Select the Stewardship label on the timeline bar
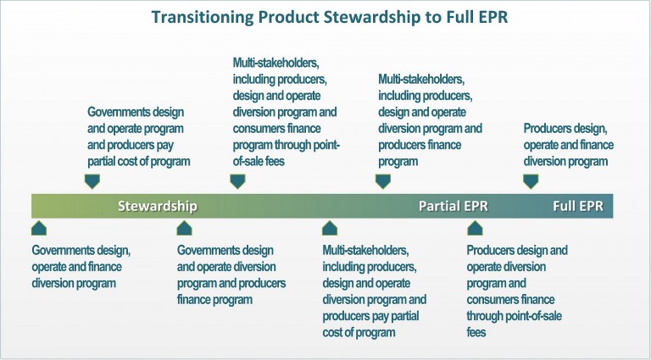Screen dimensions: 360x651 point(157,206)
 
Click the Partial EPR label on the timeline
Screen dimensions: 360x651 point(453,206)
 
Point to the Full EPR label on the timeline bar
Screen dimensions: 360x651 point(578,206)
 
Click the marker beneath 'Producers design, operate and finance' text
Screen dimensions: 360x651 point(531,180)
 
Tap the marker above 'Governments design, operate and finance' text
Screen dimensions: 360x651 point(39,228)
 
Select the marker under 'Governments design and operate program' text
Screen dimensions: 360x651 point(92,180)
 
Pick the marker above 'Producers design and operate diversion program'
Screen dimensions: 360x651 point(475,228)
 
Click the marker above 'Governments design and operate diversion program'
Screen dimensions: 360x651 point(185,228)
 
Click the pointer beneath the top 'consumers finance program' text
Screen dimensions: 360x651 point(237,180)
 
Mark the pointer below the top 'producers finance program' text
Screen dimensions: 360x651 point(383,180)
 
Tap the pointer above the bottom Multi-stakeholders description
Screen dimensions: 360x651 point(330,228)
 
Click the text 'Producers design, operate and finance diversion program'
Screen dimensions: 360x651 point(568,145)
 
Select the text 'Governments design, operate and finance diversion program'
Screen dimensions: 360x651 point(81,267)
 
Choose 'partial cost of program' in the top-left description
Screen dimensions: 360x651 point(139,161)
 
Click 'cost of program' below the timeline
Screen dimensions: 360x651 point(359,333)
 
